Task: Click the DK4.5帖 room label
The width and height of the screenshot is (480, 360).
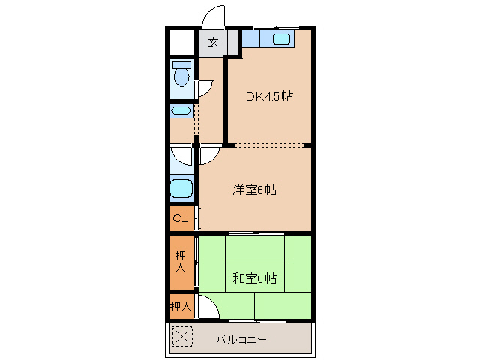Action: click(269, 97)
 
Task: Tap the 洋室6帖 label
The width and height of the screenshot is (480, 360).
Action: click(254, 190)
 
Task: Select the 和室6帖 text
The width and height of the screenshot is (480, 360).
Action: click(254, 278)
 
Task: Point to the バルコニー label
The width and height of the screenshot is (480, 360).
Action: click(241, 339)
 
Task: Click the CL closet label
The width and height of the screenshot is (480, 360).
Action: click(180, 219)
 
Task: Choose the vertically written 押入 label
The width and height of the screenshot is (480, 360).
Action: click(180, 262)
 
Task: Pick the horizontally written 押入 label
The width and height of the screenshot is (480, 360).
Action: click(180, 306)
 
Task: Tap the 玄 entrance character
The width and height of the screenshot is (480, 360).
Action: click(213, 43)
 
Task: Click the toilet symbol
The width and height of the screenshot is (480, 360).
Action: click(181, 75)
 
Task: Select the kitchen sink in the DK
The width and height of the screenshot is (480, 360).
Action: click(282, 40)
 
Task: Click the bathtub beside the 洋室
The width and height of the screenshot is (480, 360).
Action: click(181, 188)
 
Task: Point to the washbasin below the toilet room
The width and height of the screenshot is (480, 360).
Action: click(181, 111)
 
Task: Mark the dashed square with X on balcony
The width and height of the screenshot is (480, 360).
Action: click(181, 337)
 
